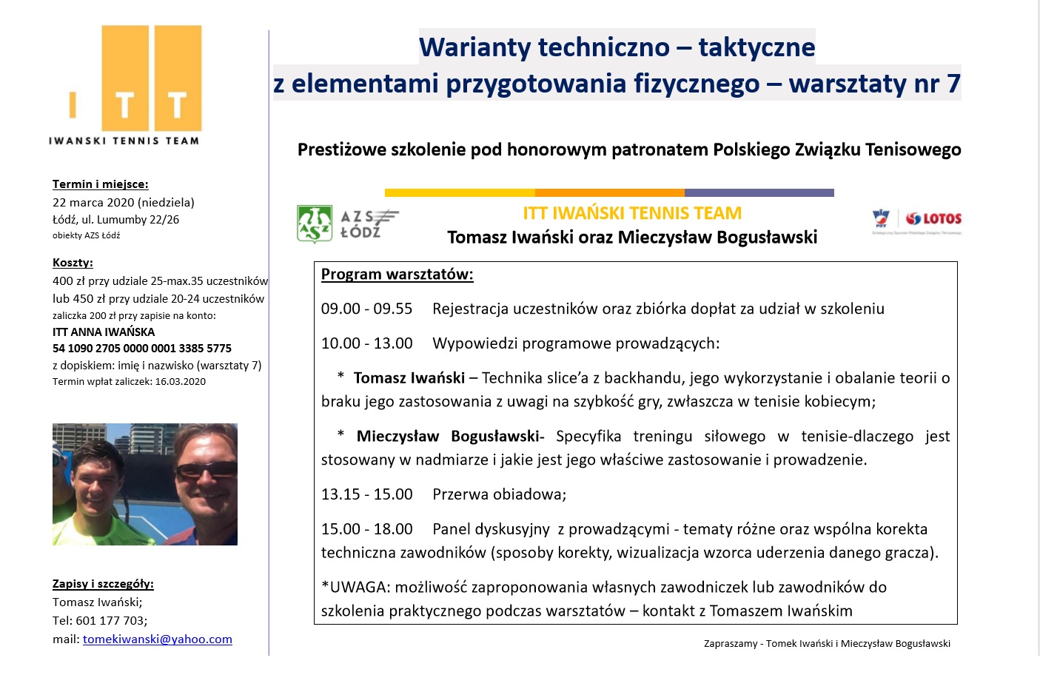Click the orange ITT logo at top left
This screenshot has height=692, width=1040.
point(135,78)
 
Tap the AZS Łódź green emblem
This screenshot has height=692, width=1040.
point(315,224)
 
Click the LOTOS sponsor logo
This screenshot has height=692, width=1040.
point(933,218)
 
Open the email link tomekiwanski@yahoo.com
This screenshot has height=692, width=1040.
point(158,639)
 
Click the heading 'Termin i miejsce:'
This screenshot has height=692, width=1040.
point(100,184)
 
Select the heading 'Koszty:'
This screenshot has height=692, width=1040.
point(73,262)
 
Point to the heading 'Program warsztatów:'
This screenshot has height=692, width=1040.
point(397,275)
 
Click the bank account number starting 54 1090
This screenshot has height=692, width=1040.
point(142,348)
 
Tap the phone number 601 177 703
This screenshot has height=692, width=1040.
point(112,620)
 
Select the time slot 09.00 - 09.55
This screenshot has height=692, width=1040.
point(367,309)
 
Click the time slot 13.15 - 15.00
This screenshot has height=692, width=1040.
point(367,494)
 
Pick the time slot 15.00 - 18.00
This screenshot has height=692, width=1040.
point(367,529)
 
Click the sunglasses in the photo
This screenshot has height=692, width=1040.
point(207,470)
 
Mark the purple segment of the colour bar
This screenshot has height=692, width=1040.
point(759,192)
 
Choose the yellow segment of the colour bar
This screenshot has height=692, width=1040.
point(460,192)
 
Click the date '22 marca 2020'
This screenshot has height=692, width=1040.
point(93,202)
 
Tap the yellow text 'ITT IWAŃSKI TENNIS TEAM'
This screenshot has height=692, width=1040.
point(632,213)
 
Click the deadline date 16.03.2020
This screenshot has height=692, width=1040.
point(180,381)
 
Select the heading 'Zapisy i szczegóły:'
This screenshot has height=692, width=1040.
point(103,584)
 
